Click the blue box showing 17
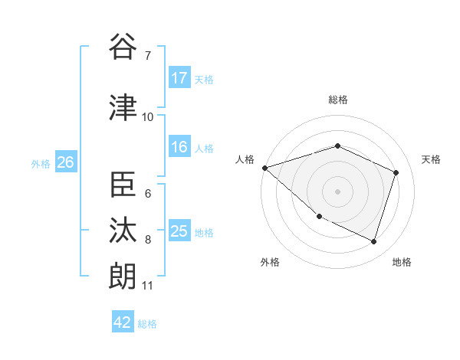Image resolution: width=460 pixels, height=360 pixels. click(x=179, y=78)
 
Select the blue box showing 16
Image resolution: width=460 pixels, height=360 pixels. click(x=179, y=147)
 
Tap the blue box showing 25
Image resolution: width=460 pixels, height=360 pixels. click(x=179, y=231)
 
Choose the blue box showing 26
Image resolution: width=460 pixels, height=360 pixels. click(x=65, y=162)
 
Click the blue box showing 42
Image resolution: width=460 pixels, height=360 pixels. click(x=123, y=322)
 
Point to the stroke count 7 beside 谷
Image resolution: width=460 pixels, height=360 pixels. click(x=147, y=55)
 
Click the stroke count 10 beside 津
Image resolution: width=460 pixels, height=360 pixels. click(x=148, y=116)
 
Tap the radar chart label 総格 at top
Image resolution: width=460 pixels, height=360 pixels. click(x=337, y=100)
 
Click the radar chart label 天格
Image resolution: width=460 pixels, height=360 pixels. click(x=432, y=159)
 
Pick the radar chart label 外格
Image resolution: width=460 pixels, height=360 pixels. click(x=270, y=262)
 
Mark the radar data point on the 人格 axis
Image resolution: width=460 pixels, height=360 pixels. click(x=264, y=168)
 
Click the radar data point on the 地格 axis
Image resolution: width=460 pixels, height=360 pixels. click(x=373, y=241)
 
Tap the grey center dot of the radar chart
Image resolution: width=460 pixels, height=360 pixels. click(x=337, y=191)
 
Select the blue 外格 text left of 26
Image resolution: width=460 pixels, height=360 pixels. click(x=41, y=163)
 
